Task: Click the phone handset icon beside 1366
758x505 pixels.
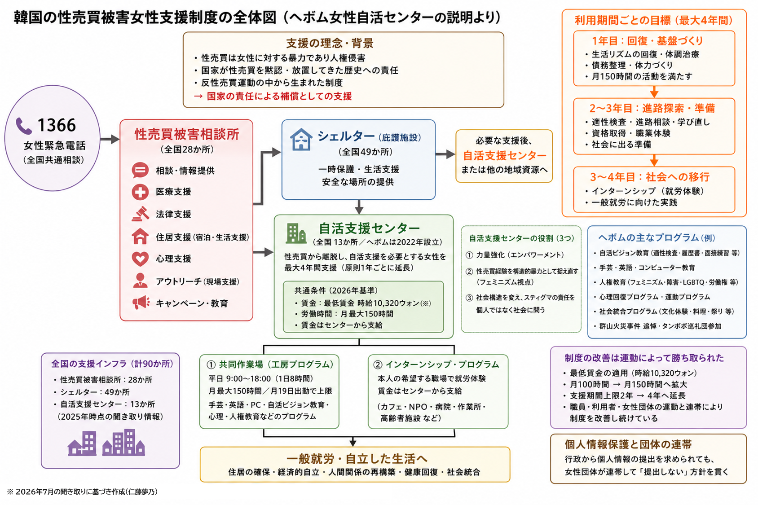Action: (x=24, y=126)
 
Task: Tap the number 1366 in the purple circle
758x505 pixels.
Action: (x=57, y=125)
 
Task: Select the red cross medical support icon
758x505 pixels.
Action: (x=140, y=192)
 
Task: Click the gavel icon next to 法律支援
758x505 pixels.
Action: (x=141, y=214)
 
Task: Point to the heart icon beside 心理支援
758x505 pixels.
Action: (x=140, y=259)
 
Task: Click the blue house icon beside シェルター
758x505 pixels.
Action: (x=301, y=139)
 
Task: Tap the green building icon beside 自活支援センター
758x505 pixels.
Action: (x=296, y=233)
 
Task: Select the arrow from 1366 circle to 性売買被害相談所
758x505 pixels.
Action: (x=110, y=139)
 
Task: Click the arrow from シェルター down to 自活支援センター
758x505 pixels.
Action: (x=359, y=207)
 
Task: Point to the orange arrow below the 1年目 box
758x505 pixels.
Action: (x=654, y=92)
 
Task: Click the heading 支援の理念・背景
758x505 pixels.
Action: (x=330, y=43)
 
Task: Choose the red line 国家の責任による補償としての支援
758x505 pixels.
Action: (x=273, y=97)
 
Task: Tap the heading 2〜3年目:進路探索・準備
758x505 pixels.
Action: (x=652, y=108)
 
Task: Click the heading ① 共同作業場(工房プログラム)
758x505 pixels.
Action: (x=270, y=364)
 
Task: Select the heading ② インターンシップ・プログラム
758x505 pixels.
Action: (x=436, y=364)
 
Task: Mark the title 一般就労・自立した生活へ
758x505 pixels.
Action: (x=357, y=459)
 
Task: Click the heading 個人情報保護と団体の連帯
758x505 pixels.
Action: (x=628, y=444)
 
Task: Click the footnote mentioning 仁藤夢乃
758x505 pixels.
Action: (x=82, y=492)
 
